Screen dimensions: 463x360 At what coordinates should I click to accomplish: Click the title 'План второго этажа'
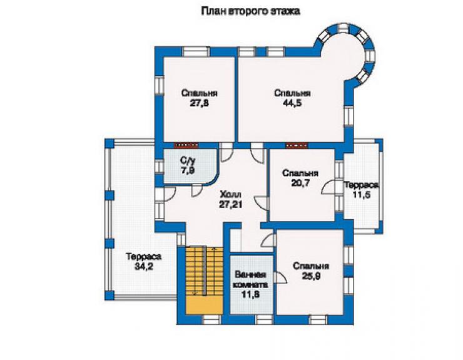click(250, 11)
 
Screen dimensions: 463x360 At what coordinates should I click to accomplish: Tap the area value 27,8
click(200, 103)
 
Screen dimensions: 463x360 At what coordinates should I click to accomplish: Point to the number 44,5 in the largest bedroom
click(292, 103)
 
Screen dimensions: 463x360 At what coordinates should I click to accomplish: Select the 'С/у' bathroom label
click(188, 161)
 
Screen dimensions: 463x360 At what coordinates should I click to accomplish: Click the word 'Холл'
click(231, 195)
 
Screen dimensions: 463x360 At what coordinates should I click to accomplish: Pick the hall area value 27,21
click(231, 204)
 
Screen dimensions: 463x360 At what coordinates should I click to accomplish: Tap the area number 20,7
click(300, 183)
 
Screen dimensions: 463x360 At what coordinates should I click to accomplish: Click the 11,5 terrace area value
click(362, 195)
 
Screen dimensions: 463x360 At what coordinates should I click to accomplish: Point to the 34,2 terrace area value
click(144, 266)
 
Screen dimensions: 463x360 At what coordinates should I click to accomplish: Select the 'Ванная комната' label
click(251, 280)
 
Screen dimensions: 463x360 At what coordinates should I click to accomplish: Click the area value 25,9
click(311, 275)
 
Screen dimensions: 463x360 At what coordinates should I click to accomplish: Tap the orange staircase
click(204, 280)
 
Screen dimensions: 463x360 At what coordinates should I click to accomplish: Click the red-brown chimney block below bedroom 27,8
click(186, 145)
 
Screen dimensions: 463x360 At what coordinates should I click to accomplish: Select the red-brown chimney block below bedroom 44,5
click(297, 145)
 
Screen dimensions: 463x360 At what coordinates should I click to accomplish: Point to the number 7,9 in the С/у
click(188, 170)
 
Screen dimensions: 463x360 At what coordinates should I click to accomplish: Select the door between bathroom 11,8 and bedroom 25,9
click(280, 278)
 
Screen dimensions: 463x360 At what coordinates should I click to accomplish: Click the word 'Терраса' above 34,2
click(144, 257)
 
